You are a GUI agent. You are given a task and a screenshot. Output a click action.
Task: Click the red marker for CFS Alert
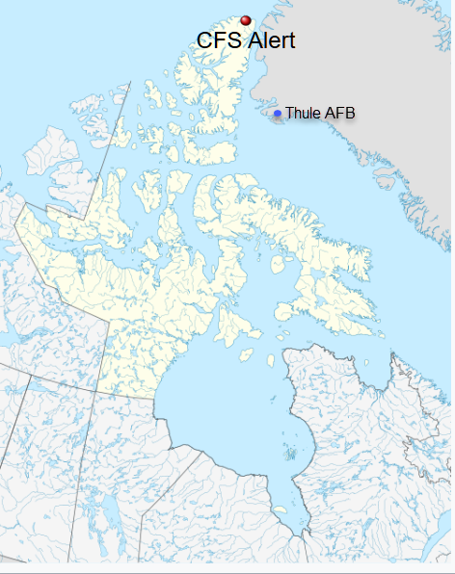click(x=246, y=20)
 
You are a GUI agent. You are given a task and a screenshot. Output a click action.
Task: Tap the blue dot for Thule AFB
click(x=278, y=114)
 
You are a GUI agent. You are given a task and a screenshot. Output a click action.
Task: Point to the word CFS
click(x=217, y=40)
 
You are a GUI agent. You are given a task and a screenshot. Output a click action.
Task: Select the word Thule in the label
click(x=303, y=114)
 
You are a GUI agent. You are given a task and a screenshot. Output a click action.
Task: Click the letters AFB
click(x=339, y=114)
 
